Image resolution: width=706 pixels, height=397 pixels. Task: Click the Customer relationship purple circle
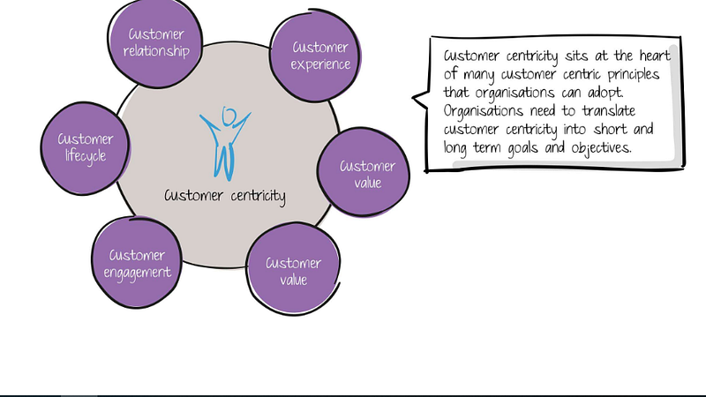tap(156, 42)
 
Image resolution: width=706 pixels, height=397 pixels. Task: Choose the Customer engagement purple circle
tap(138, 264)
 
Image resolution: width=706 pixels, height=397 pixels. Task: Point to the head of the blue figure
tap(229, 116)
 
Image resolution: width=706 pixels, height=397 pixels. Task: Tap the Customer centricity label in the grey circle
tap(225, 195)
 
